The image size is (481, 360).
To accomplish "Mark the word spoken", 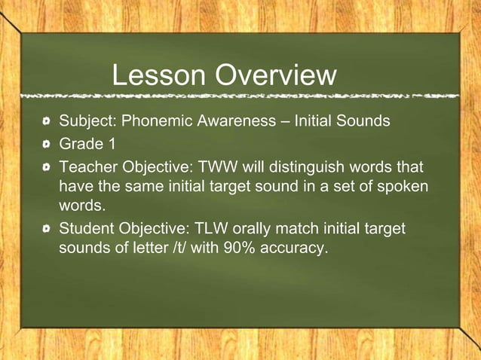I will (403, 185).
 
